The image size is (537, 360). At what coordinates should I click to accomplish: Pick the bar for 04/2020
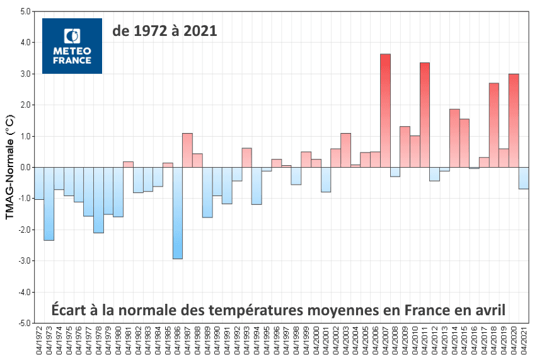(514, 120)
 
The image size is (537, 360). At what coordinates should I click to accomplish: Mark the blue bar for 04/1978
(98, 200)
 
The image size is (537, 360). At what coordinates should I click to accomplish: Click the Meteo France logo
(72, 45)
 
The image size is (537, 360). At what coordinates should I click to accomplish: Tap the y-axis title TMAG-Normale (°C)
(10, 167)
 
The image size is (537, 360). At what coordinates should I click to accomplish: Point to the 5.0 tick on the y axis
(24, 12)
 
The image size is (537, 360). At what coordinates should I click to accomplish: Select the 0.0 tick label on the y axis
(24, 168)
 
